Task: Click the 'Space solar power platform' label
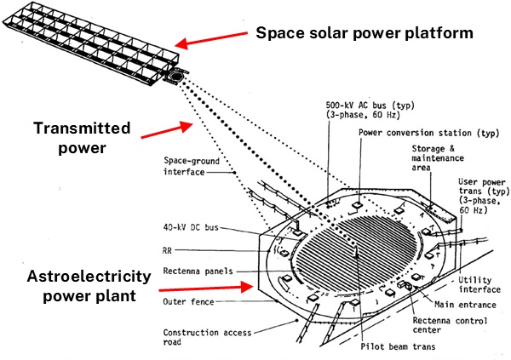365,33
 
